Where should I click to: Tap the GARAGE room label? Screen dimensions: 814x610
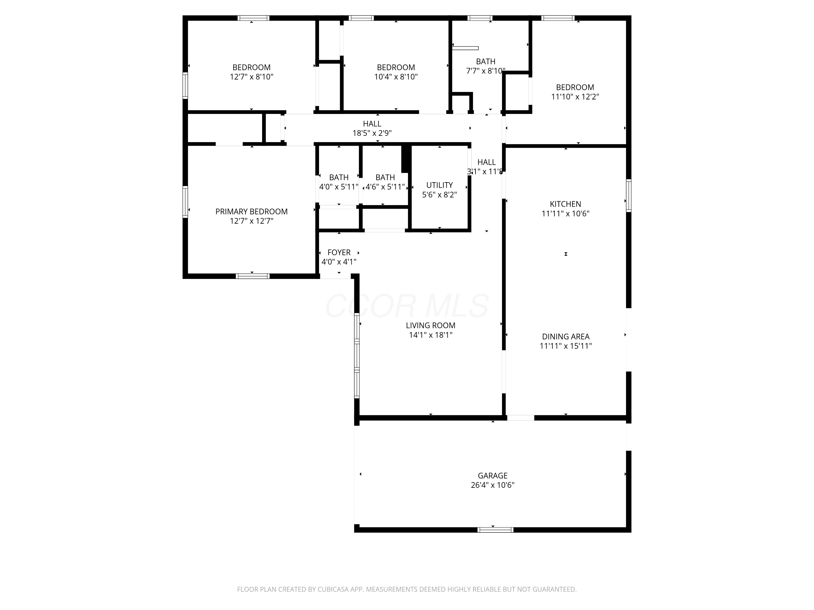(492, 476)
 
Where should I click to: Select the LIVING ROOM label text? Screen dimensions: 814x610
(431, 325)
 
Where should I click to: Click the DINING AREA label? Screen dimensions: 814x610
(566, 336)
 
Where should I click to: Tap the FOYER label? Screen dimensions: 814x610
(339, 253)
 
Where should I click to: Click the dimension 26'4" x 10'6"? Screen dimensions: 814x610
(492, 485)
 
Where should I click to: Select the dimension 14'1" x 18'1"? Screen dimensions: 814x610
(431, 335)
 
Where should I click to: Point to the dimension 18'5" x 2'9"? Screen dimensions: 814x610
(372, 133)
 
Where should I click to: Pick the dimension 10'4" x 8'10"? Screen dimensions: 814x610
(396, 77)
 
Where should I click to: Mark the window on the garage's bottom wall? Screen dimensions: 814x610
(495, 530)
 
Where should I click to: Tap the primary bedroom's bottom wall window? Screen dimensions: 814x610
(252, 276)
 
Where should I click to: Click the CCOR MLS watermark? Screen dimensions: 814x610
(407, 306)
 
